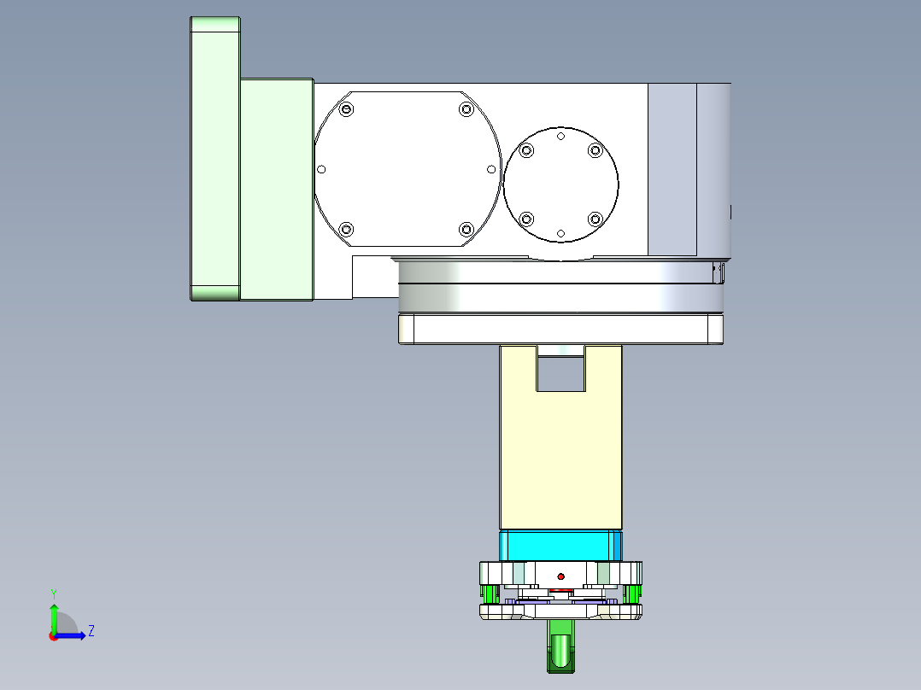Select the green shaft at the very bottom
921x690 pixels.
(x=560, y=647)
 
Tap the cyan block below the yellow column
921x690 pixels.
(x=560, y=544)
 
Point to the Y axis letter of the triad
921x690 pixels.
(x=53, y=593)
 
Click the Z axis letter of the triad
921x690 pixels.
(x=91, y=631)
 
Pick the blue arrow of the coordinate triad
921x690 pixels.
(x=72, y=635)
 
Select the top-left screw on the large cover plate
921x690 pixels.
(x=346, y=109)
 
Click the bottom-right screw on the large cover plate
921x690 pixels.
(x=466, y=229)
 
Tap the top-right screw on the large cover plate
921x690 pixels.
(x=466, y=109)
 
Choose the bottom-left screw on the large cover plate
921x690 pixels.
(x=346, y=229)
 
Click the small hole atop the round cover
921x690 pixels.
(x=560, y=136)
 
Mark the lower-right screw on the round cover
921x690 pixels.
(x=595, y=219)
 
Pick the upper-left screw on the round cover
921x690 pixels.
(x=526, y=151)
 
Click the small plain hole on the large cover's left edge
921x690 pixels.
(x=321, y=169)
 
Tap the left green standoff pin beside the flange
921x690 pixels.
(x=489, y=592)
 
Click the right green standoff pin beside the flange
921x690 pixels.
(x=632, y=592)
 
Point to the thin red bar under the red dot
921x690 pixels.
(x=560, y=589)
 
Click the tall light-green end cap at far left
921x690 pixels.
(x=214, y=159)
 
